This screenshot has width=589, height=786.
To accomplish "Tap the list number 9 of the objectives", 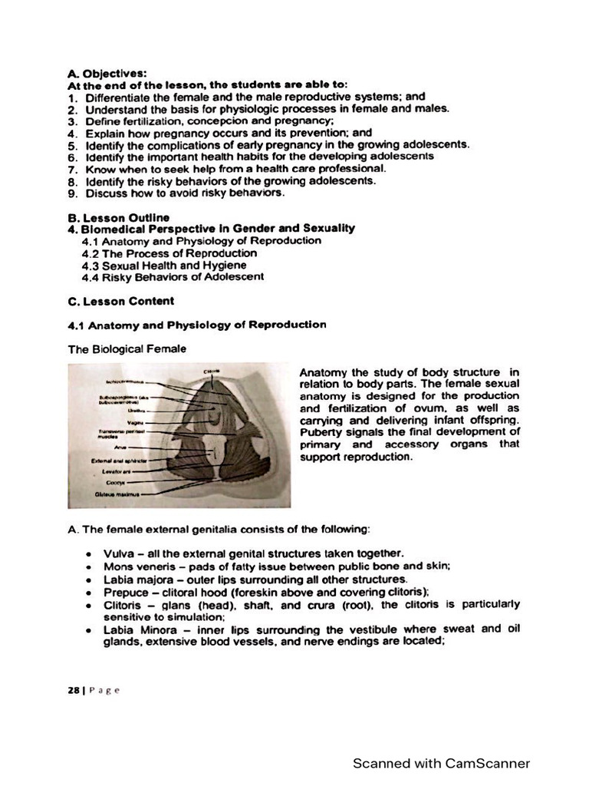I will click(x=71, y=193).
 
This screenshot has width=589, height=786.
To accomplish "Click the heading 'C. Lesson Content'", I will click(x=121, y=301).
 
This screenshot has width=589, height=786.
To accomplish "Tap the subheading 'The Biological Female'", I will click(x=127, y=348).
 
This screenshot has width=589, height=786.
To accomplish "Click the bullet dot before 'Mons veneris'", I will click(x=90, y=566).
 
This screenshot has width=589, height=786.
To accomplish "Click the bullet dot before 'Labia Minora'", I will click(x=90, y=629).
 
